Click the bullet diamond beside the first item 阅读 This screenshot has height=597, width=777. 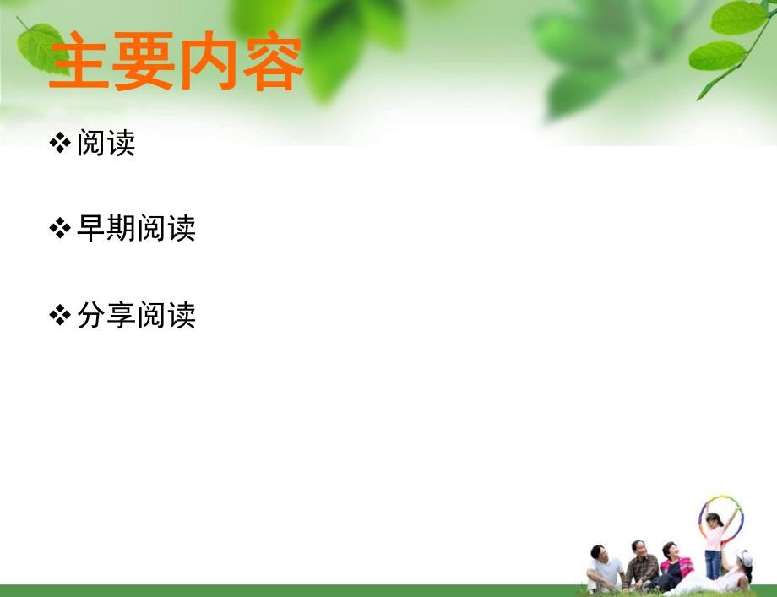[x=61, y=144]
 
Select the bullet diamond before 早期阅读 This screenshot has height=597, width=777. [x=61, y=229]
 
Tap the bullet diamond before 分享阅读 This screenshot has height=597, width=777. [x=61, y=316]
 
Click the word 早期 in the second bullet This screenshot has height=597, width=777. [x=106, y=229]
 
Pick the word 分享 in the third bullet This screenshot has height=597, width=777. [x=106, y=316]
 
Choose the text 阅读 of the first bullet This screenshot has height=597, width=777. [x=106, y=144]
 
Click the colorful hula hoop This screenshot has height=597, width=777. [x=721, y=517]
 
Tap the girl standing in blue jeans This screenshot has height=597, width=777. [x=715, y=545]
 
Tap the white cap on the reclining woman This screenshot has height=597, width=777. [x=743, y=557]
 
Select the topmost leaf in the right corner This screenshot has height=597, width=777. [x=738, y=17]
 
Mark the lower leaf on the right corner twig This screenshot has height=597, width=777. [x=717, y=57]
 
